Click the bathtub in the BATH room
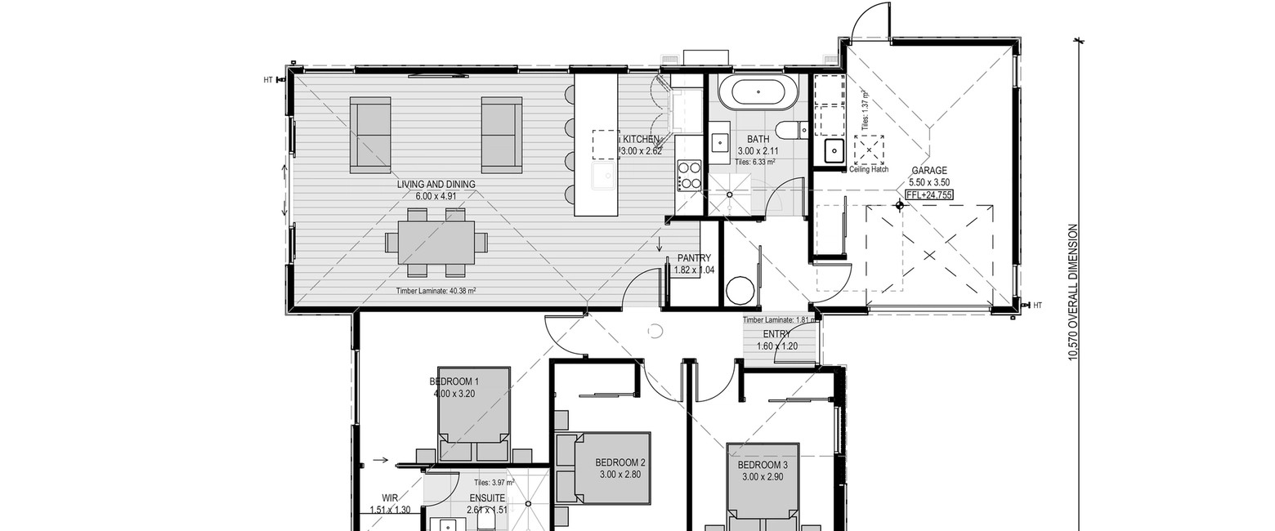[x=757, y=91]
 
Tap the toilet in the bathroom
[x=792, y=131]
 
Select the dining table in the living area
[x=436, y=243]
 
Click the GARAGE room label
[x=929, y=170]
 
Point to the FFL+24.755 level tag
[x=929, y=194]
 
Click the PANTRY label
[x=694, y=258]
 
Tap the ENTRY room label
[x=776, y=334]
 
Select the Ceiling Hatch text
[x=869, y=169]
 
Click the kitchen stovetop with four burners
[x=689, y=176]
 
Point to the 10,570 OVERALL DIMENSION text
[x=1073, y=292]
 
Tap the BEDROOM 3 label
[x=763, y=465]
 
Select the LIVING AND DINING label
[x=436, y=185]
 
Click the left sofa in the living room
[x=370, y=135]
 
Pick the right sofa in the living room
[x=502, y=135]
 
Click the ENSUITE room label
[x=487, y=498]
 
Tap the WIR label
[x=390, y=498]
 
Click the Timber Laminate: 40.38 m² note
[x=436, y=290]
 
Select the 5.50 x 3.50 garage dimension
[x=929, y=182]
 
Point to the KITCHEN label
[x=641, y=139]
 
